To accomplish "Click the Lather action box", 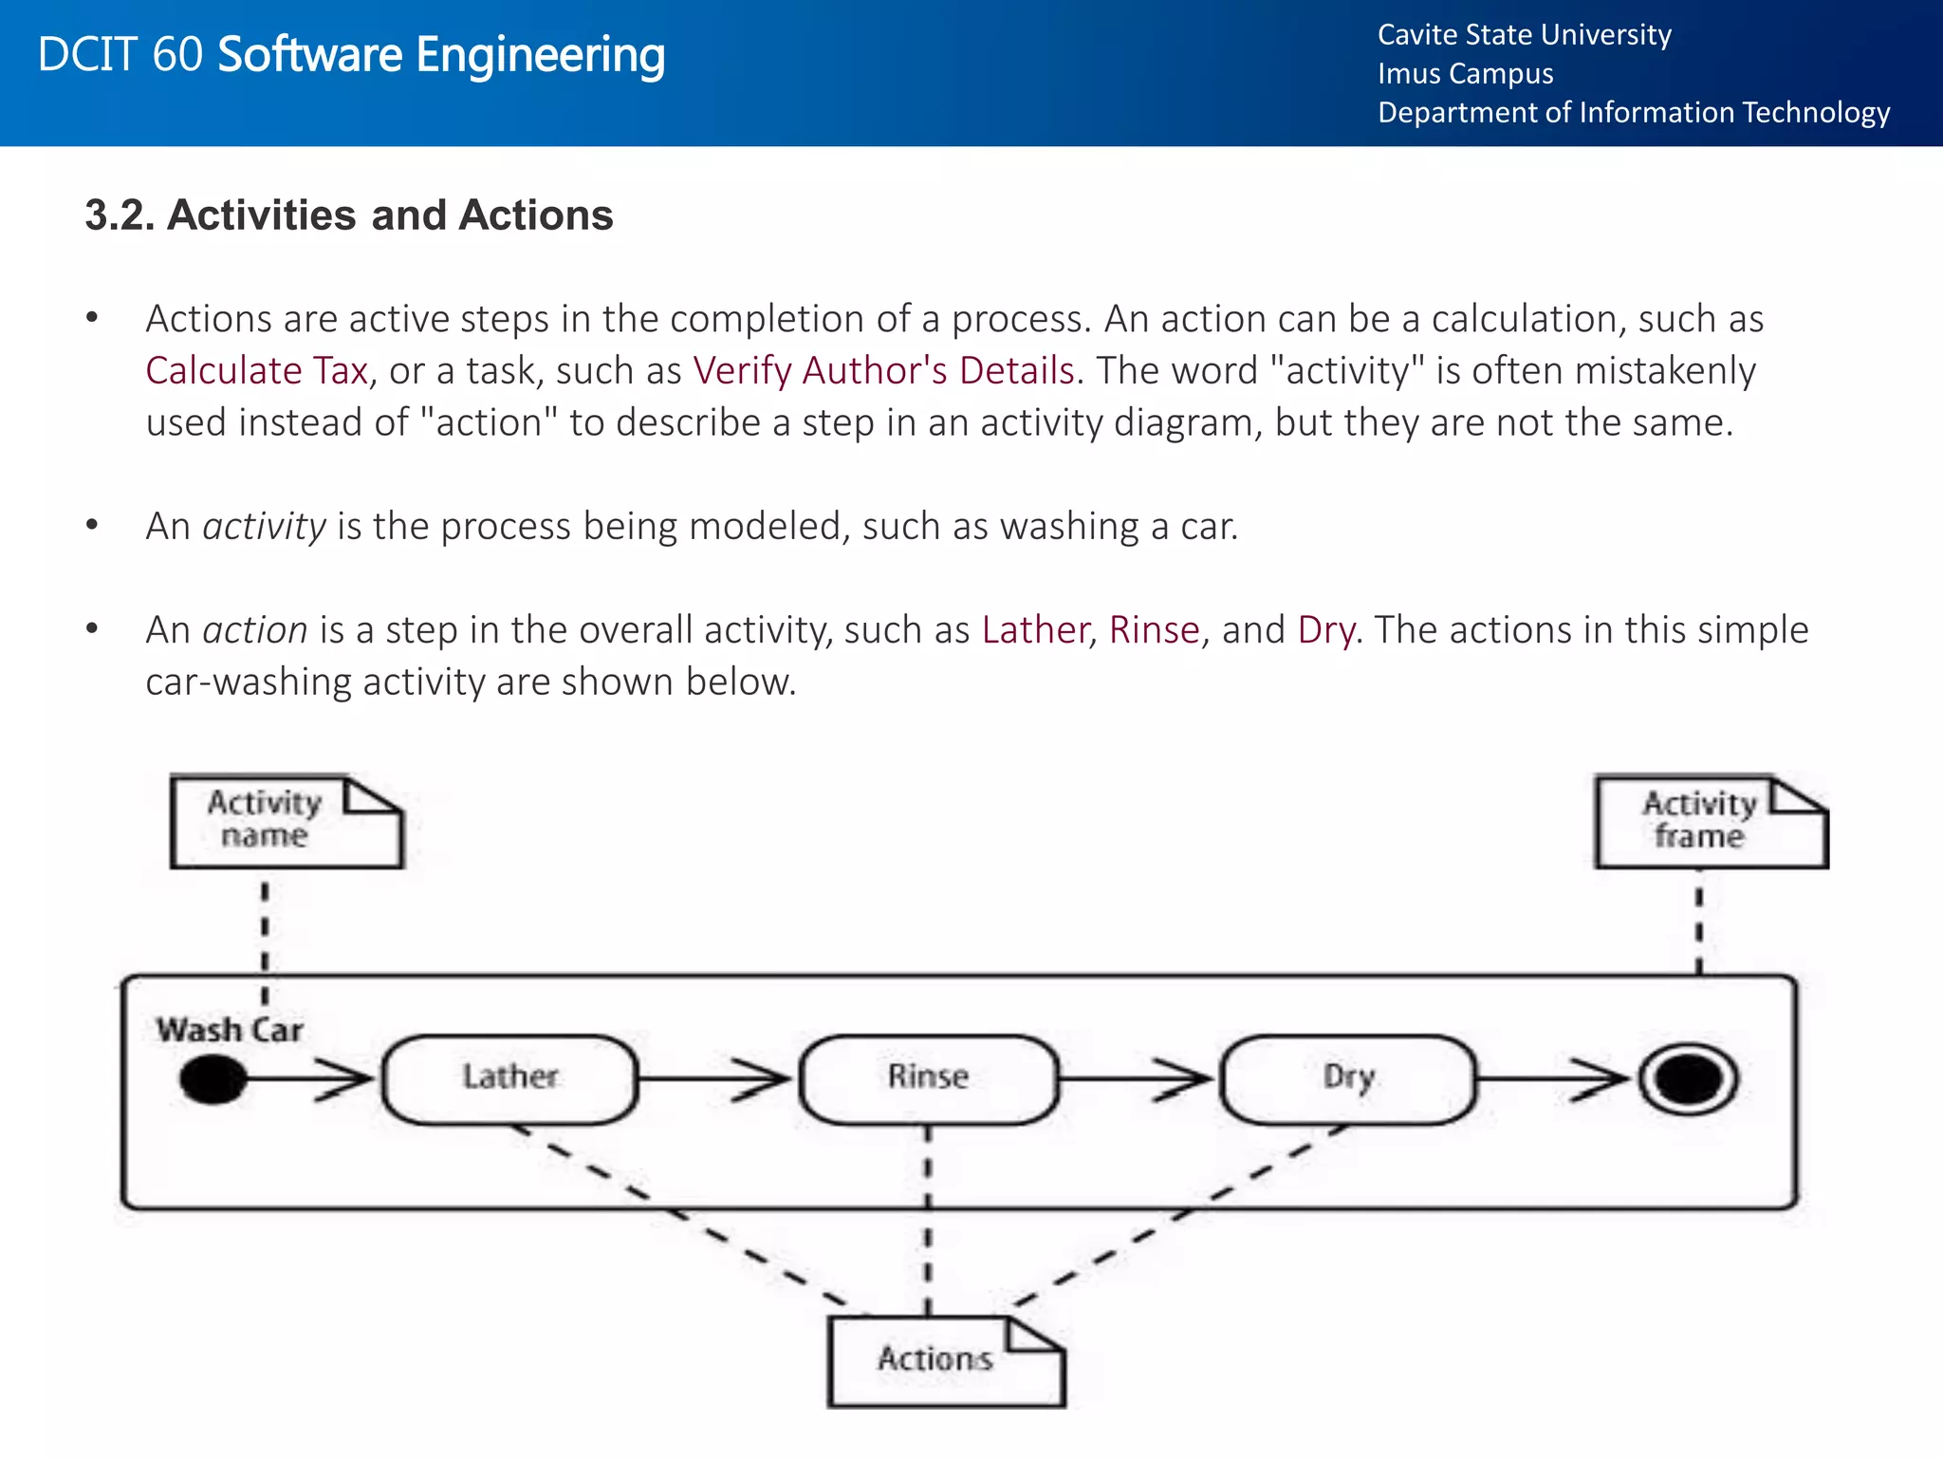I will coord(509,1079).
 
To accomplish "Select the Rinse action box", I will coord(928,1079).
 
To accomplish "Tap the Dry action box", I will coord(1348,1079).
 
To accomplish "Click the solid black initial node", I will coord(213,1080).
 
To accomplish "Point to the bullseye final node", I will coord(1689,1080).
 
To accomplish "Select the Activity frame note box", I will coord(1710,822).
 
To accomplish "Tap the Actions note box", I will coord(945,1361).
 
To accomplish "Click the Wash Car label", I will coord(229,1030).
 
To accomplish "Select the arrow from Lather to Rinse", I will coord(717,1079).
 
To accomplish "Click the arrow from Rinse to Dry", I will coord(1137,1079).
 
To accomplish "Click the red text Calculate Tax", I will coord(256,370).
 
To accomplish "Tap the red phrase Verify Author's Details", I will coord(883,370).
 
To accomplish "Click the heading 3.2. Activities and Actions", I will coord(348,215).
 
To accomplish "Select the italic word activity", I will coord(264,526).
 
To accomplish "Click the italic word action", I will coord(254,630).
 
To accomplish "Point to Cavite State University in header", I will coord(1524,35).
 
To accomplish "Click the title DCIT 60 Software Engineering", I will coord(351,55).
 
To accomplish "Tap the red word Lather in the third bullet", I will coord(1034,630).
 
